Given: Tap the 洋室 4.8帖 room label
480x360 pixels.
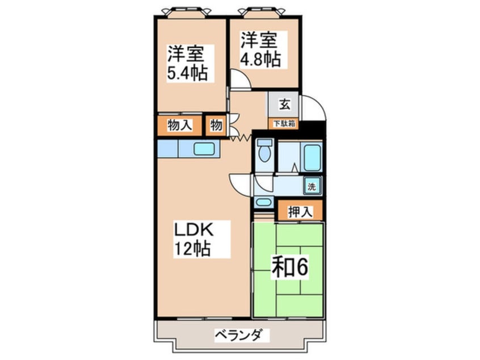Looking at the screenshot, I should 260,49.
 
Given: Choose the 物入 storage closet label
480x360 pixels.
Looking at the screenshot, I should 179,125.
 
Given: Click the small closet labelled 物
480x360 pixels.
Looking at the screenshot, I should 216,125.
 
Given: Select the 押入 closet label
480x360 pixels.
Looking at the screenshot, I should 299,212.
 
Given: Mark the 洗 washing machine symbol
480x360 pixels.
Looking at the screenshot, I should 312,185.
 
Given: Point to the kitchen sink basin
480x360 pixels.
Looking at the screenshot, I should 205,149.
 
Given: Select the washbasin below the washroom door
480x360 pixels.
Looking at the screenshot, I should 263,202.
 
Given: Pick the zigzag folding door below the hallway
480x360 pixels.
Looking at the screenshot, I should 240,137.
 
